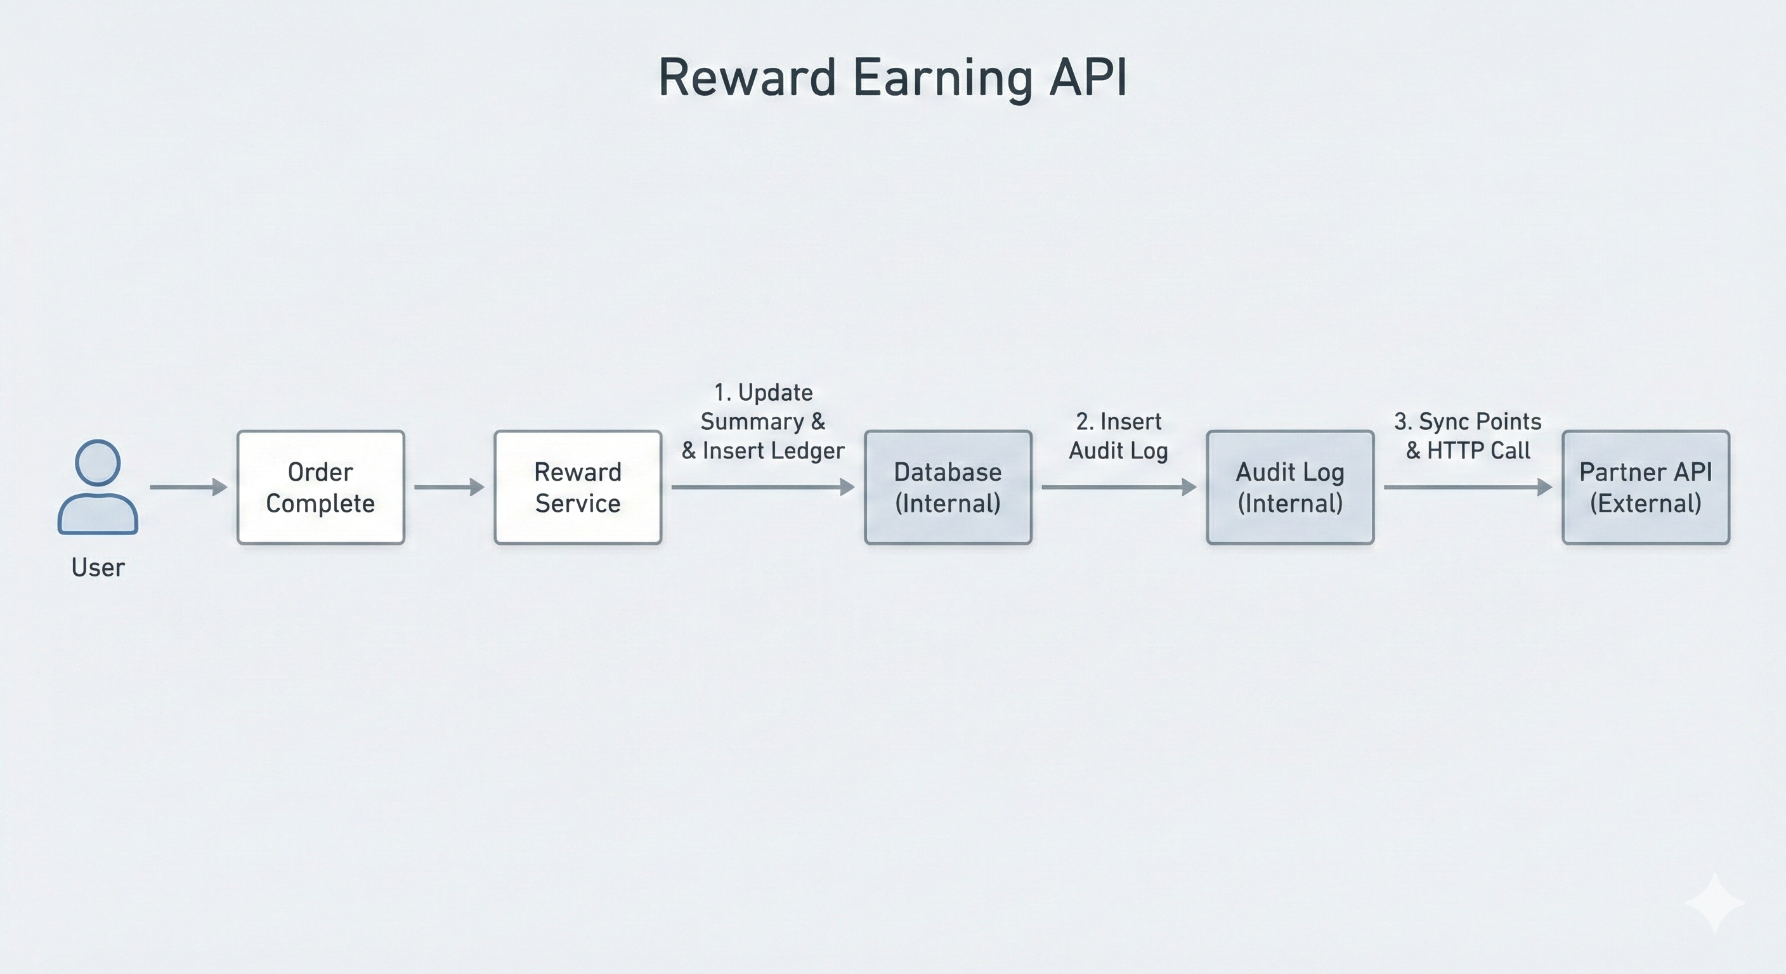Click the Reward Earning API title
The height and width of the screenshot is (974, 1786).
[x=892, y=77]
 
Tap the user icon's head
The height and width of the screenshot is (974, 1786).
[x=98, y=462]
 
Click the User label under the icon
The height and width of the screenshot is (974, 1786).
[x=98, y=568]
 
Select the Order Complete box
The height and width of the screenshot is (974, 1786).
[x=320, y=488]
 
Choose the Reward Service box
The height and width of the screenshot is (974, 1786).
[x=578, y=488]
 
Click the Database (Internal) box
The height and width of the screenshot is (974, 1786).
[x=948, y=488]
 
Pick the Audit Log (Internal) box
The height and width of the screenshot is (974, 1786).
[x=1289, y=488]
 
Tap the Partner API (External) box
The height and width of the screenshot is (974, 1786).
[x=1645, y=488]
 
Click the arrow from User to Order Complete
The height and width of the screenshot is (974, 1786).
[x=188, y=488]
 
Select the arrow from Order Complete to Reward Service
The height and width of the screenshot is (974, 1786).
[x=448, y=488]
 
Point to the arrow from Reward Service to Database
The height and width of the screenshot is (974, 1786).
[x=762, y=488]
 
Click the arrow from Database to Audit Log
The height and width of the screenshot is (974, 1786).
[x=1118, y=488]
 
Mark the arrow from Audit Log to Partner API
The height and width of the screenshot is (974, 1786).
[x=1467, y=488]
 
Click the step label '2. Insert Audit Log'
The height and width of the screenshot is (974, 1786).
[x=1118, y=436]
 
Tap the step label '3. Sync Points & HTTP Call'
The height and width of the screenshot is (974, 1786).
[x=1468, y=436]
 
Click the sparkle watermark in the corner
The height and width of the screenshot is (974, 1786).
[x=1714, y=902]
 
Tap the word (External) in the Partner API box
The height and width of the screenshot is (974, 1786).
[x=1645, y=503]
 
